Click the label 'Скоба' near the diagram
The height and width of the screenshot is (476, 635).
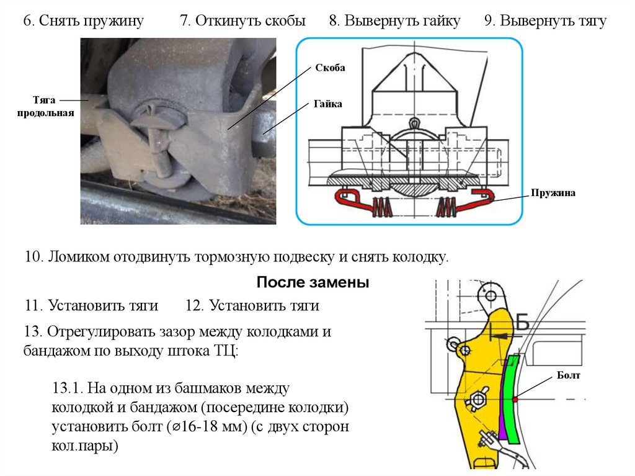(329, 67)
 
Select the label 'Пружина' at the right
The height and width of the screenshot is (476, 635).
(553, 193)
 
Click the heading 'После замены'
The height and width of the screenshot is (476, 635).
(313, 283)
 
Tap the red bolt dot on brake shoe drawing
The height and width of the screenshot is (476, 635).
(515, 399)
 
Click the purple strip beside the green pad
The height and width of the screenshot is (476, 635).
(502, 416)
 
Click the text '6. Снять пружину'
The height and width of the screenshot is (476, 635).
(84, 21)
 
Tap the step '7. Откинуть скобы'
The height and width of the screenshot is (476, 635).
(242, 21)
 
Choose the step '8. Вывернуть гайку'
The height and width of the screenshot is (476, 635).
(394, 21)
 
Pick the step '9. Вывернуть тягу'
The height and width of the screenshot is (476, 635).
(545, 21)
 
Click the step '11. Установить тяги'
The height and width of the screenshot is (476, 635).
(91, 305)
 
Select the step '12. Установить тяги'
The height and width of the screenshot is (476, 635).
(252, 305)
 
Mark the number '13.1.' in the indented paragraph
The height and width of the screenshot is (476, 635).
(68, 389)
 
